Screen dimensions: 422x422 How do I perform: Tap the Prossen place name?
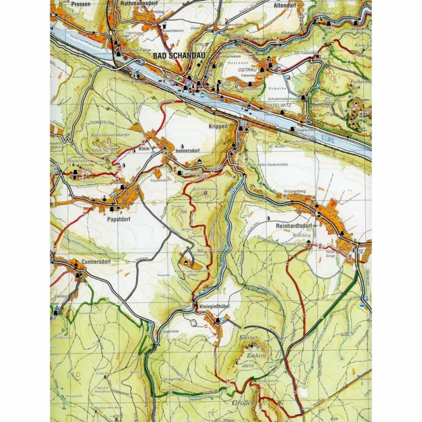point(80,4)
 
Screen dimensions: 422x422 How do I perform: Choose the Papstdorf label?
point(118,219)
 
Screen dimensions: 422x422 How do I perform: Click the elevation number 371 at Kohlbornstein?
point(207,196)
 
